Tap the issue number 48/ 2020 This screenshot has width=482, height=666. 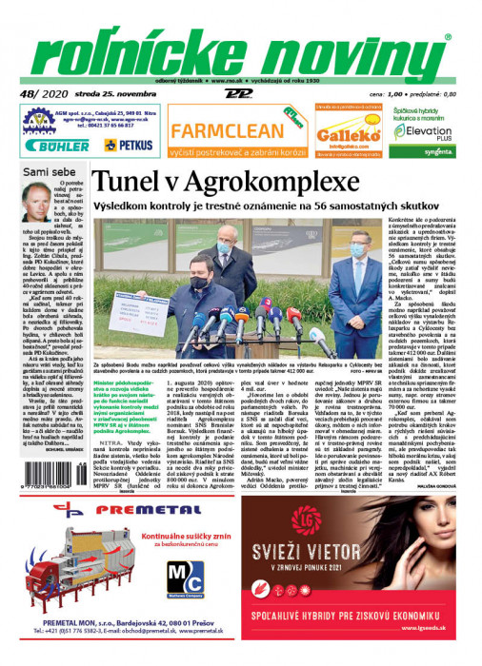[x=42, y=94]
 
